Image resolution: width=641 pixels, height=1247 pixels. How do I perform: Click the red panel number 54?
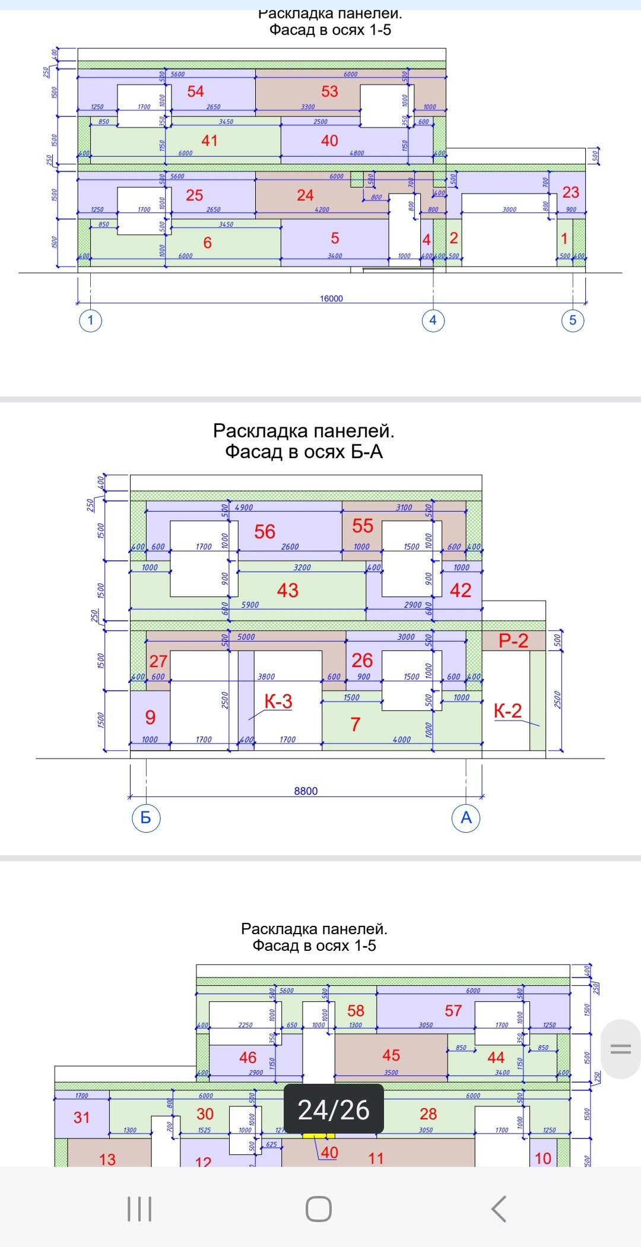click(x=195, y=91)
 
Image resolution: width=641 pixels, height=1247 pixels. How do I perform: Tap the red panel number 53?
click(x=329, y=91)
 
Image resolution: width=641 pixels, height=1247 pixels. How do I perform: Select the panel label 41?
click(x=210, y=141)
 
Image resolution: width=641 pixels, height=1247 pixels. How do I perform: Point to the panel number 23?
click(x=570, y=192)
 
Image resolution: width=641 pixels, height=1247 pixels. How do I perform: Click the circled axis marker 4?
click(x=433, y=321)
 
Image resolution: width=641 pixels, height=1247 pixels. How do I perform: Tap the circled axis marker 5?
click(x=573, y=321)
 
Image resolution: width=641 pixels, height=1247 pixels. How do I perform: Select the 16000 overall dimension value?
click(x=331, y=299)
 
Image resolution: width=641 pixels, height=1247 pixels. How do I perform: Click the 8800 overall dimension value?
click(x=306, y=791)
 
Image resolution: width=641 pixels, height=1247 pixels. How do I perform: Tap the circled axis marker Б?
click(x=146, y=818)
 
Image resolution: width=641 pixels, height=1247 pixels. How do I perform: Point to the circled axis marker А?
click(x=466, y=818)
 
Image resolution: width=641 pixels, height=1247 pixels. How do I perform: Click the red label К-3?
click(x=278, y=702)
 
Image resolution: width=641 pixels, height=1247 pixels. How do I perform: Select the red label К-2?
click(x=508, y=710)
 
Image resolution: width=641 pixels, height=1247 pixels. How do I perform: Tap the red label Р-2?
click(x=513, y=641)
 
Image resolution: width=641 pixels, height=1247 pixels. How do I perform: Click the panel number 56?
click(x=265, y=532)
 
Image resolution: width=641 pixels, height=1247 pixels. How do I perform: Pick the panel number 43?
click(x=288, y=590)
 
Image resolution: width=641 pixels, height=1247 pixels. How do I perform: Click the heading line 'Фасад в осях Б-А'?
click(x=303, y=452)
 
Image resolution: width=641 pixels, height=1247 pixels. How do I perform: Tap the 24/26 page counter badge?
click(x=334, y=1110)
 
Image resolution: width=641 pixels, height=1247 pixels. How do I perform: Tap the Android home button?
click(x=319, y=1209)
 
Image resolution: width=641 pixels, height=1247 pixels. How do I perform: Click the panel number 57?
click(x=453, y=1011)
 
